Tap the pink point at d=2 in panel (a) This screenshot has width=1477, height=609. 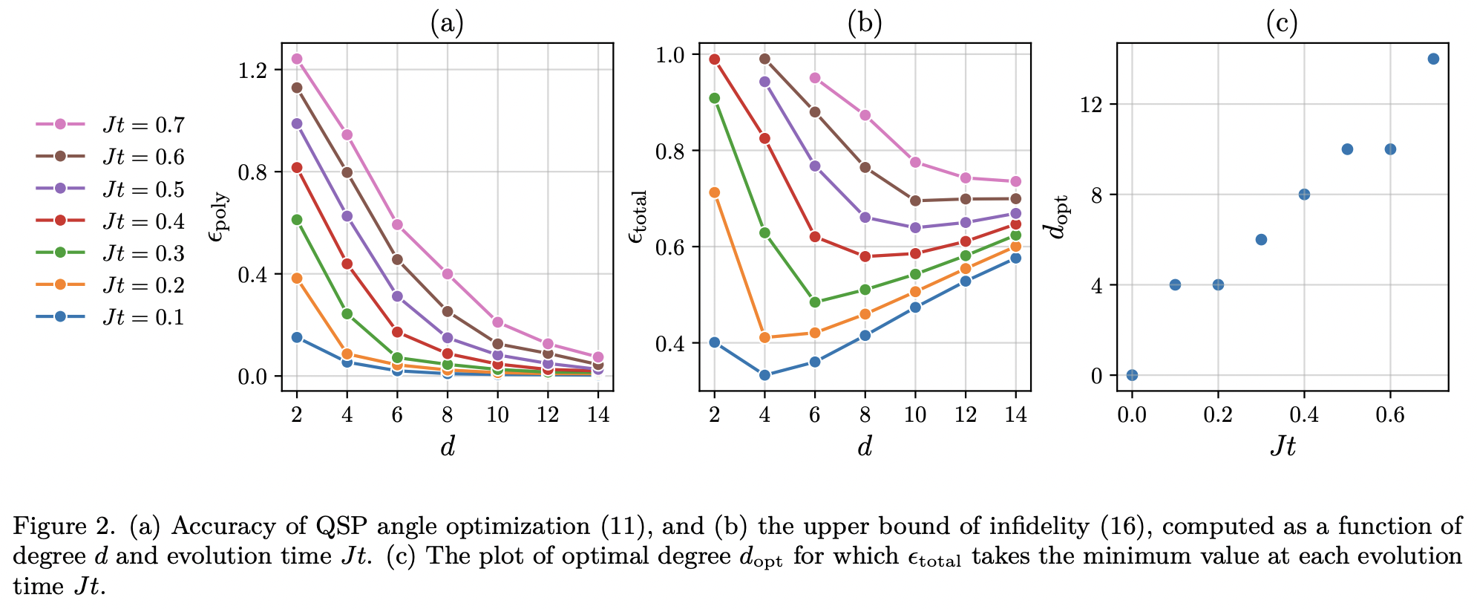297,59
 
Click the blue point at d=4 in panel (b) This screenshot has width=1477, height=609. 764,375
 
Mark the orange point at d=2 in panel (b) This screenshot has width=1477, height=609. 715,192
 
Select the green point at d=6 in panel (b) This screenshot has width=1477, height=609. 815,302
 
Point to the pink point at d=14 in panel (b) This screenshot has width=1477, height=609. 1015,181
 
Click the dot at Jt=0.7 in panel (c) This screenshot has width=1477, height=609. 1433,59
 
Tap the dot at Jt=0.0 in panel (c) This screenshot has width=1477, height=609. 1132,375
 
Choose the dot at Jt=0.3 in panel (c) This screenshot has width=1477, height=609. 1261,239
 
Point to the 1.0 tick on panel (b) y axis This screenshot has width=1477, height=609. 672,55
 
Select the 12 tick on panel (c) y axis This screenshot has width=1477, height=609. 1092,105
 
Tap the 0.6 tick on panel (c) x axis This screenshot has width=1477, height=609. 1389,414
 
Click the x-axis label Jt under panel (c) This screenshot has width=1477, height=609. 1283,446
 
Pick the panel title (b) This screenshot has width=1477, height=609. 865,24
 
